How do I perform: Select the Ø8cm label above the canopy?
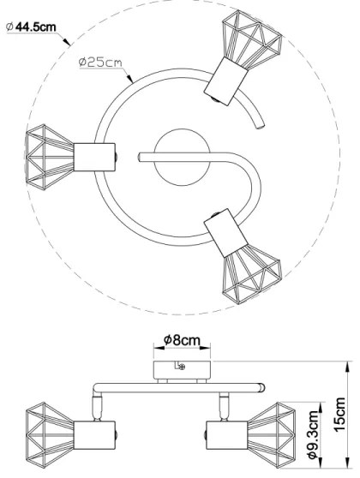[x=182, y=340]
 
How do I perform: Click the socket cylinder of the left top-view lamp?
[x=95, y=157]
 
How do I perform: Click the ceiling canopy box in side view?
[x=180, y=369]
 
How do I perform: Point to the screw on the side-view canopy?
[x=182, y=367]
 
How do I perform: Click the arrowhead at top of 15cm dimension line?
[x=344, y=364]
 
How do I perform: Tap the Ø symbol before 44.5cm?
[x=9, y=27]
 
